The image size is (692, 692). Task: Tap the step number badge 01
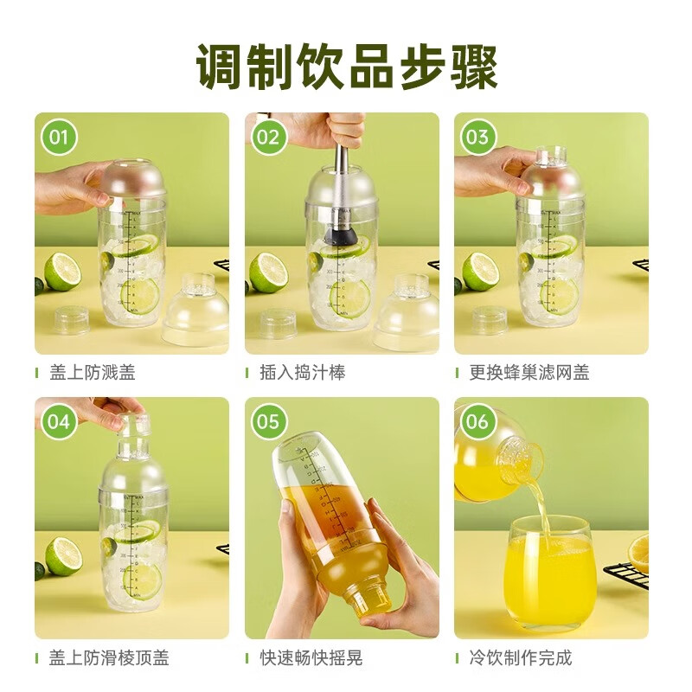[x=59, y=137]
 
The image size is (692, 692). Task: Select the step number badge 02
[x=268, y=137]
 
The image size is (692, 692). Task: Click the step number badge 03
[x=477, y=137]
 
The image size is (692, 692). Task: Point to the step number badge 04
[x=59, y=421]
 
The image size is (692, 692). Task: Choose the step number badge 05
[x=268, y=421]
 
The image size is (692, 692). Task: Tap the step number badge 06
[x=477, y=421]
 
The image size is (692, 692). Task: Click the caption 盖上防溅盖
[x=92, y=373]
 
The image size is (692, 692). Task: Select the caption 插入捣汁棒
[x=302, y=373]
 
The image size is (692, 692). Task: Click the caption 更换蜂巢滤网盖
[x=529, y=373]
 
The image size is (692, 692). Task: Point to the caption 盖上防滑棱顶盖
[x=109, y=657]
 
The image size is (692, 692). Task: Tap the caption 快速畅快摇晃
[x=311, y=657]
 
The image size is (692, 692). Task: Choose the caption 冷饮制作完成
[x=521, y=657]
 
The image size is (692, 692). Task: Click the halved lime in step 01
[x=62, y=271]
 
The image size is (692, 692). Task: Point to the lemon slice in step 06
[x=639, y=553]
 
